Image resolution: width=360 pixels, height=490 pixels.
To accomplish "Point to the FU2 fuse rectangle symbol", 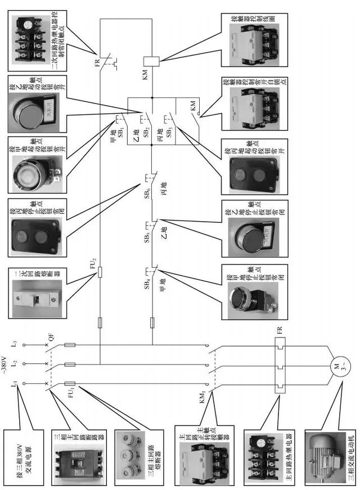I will click(x=100, y=273).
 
